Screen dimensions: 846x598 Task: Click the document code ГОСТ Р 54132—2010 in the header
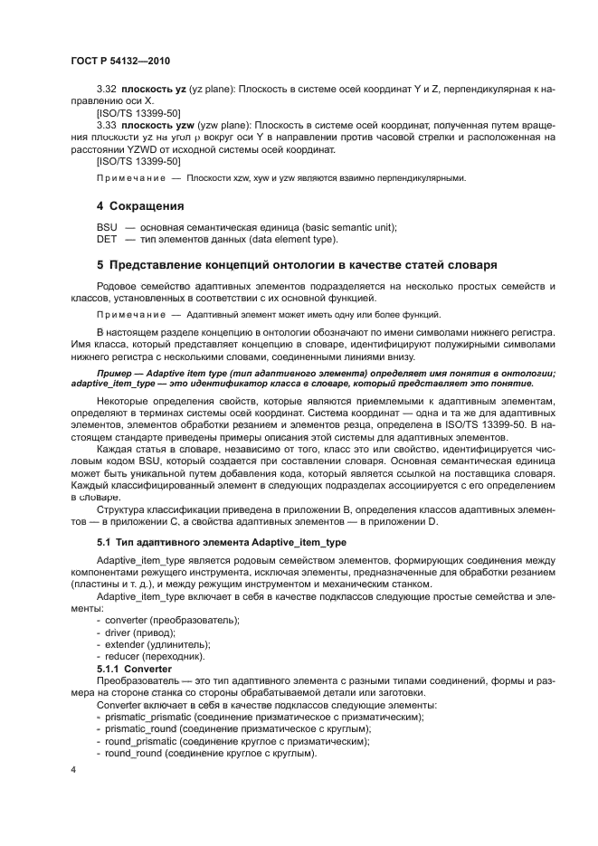(119, 60)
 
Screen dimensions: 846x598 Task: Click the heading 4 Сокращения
(140, 206)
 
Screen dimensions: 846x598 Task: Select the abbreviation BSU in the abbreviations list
(107, 227)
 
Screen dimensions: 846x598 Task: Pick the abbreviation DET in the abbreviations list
(107, 239)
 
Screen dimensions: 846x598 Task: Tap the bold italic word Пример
(118, 373)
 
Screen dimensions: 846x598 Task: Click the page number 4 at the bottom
(73, 770)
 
